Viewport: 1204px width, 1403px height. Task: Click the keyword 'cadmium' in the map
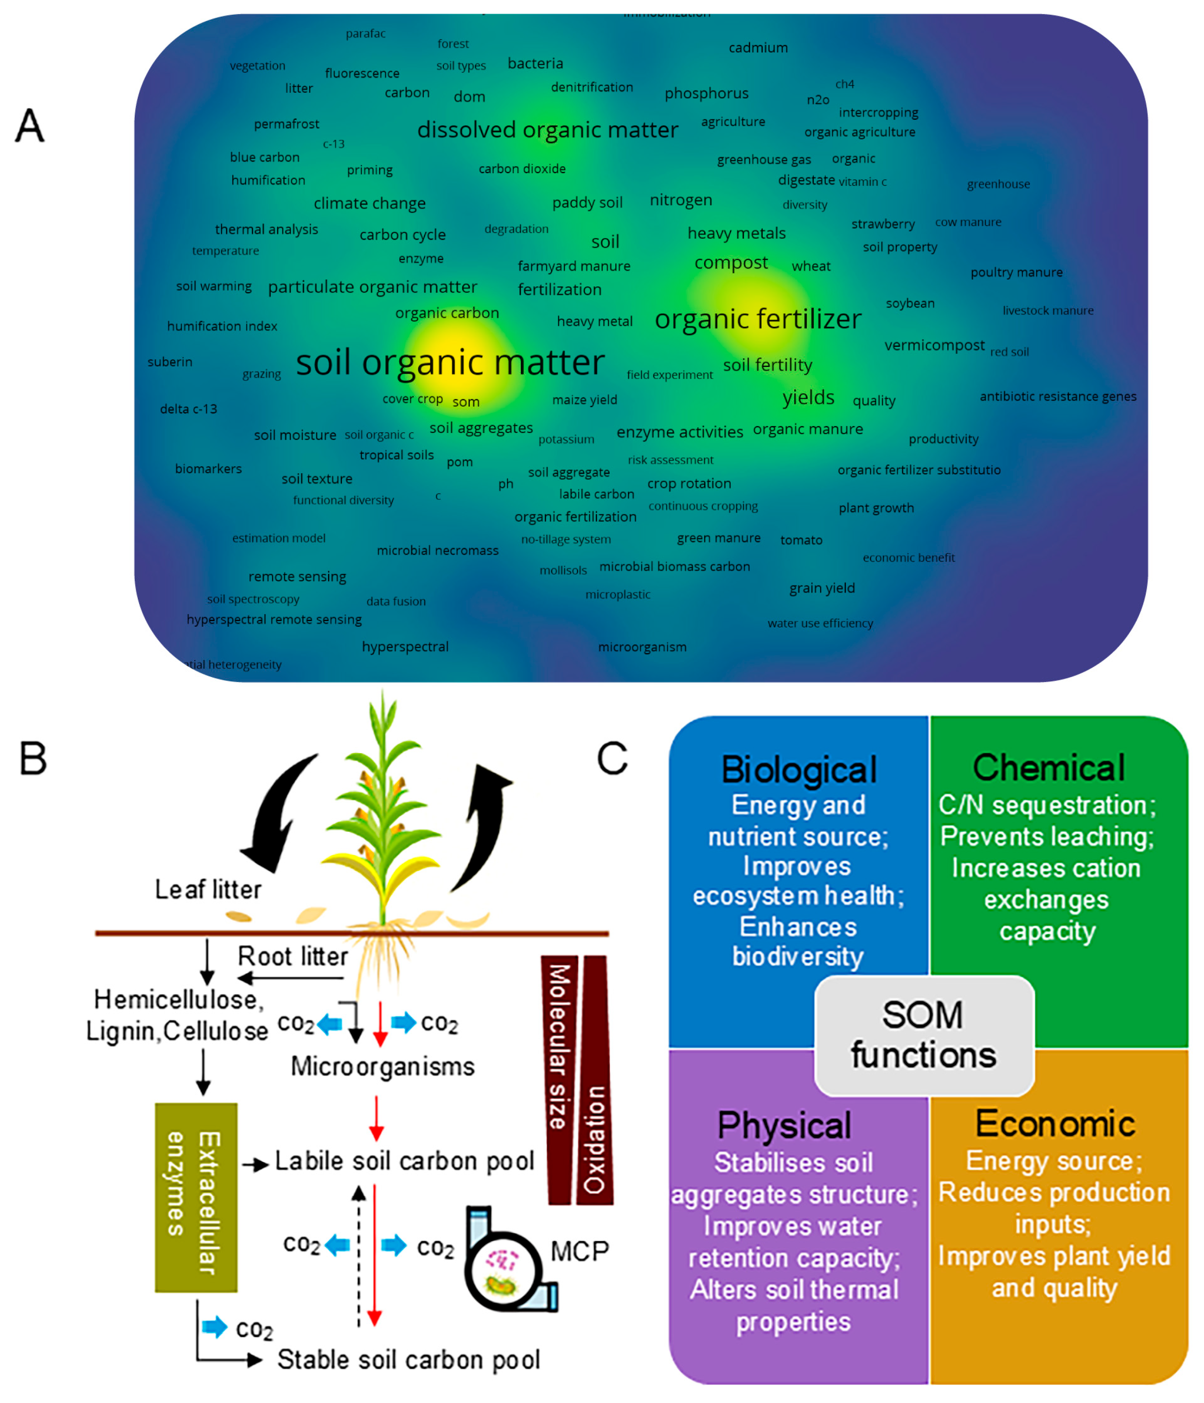[x=758, y=47]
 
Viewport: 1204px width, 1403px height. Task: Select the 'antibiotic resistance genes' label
[x=1058, y=396]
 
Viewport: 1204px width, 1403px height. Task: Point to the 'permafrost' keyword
[x=286, y=124]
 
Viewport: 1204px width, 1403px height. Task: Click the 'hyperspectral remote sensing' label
[x=274, y=620]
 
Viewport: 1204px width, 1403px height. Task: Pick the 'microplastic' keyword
[x=618, y=594]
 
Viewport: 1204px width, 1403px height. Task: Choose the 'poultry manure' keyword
[x=1016, y=272]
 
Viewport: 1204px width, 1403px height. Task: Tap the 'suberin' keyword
[x=170, y=362]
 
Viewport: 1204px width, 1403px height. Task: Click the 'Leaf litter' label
[x=208, y=890]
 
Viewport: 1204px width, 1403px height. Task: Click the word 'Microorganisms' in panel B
[x=383, y=1067]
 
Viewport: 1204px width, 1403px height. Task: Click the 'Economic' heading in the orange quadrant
[x=1055, y=1124]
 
